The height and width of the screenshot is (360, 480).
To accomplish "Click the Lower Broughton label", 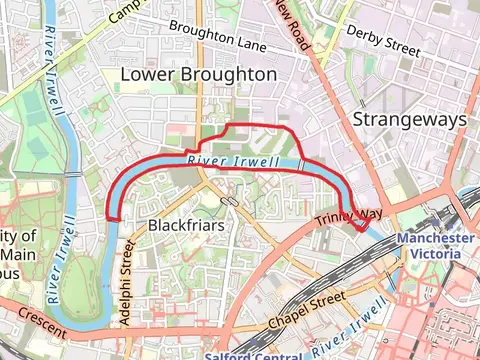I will tap(198, 75).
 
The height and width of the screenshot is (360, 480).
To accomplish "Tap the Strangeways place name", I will tap(410, 119).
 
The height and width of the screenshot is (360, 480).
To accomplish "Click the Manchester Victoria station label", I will tap(436, 246).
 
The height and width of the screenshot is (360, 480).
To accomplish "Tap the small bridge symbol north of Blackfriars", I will tap(232, 200).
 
